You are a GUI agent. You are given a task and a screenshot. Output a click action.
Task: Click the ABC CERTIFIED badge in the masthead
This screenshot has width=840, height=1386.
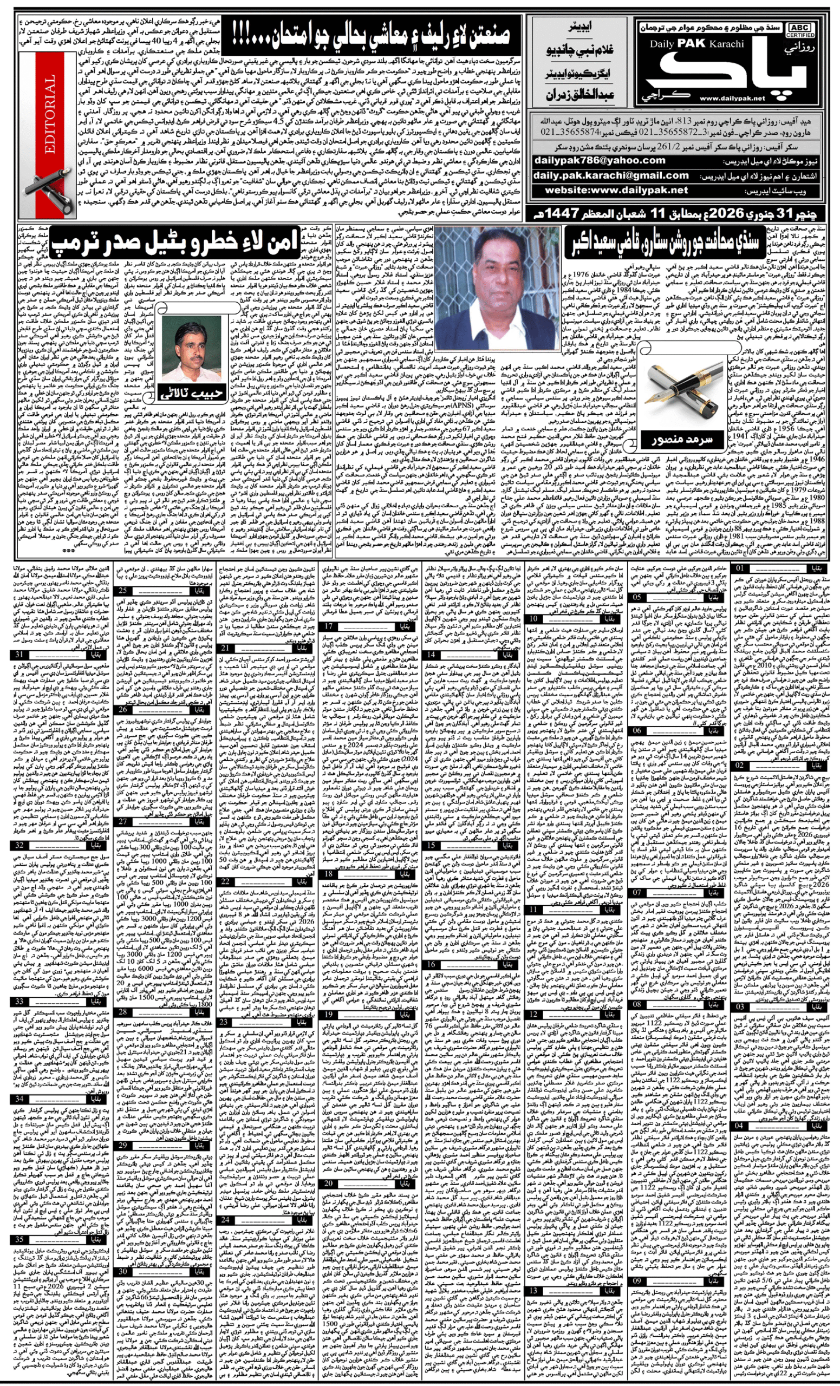click(x=799, y=30)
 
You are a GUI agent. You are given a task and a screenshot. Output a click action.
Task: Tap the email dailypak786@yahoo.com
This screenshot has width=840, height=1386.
click(x=600, y=160)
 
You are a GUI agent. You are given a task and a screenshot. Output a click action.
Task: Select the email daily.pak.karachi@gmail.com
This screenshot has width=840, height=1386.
click(x=611, y=175)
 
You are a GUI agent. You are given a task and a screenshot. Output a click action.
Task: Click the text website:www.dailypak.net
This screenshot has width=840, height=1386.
click(x=616, y=190)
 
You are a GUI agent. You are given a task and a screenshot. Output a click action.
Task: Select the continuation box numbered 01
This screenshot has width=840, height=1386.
click(x=741, y=568)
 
